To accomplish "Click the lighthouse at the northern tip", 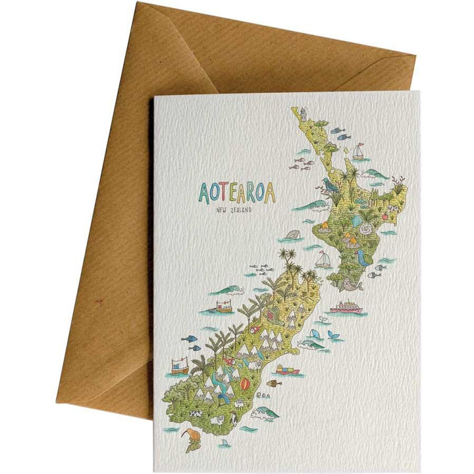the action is click(304, 115).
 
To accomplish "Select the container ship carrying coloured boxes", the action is click(287, 369).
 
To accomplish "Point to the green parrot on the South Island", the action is click(228, 360).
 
